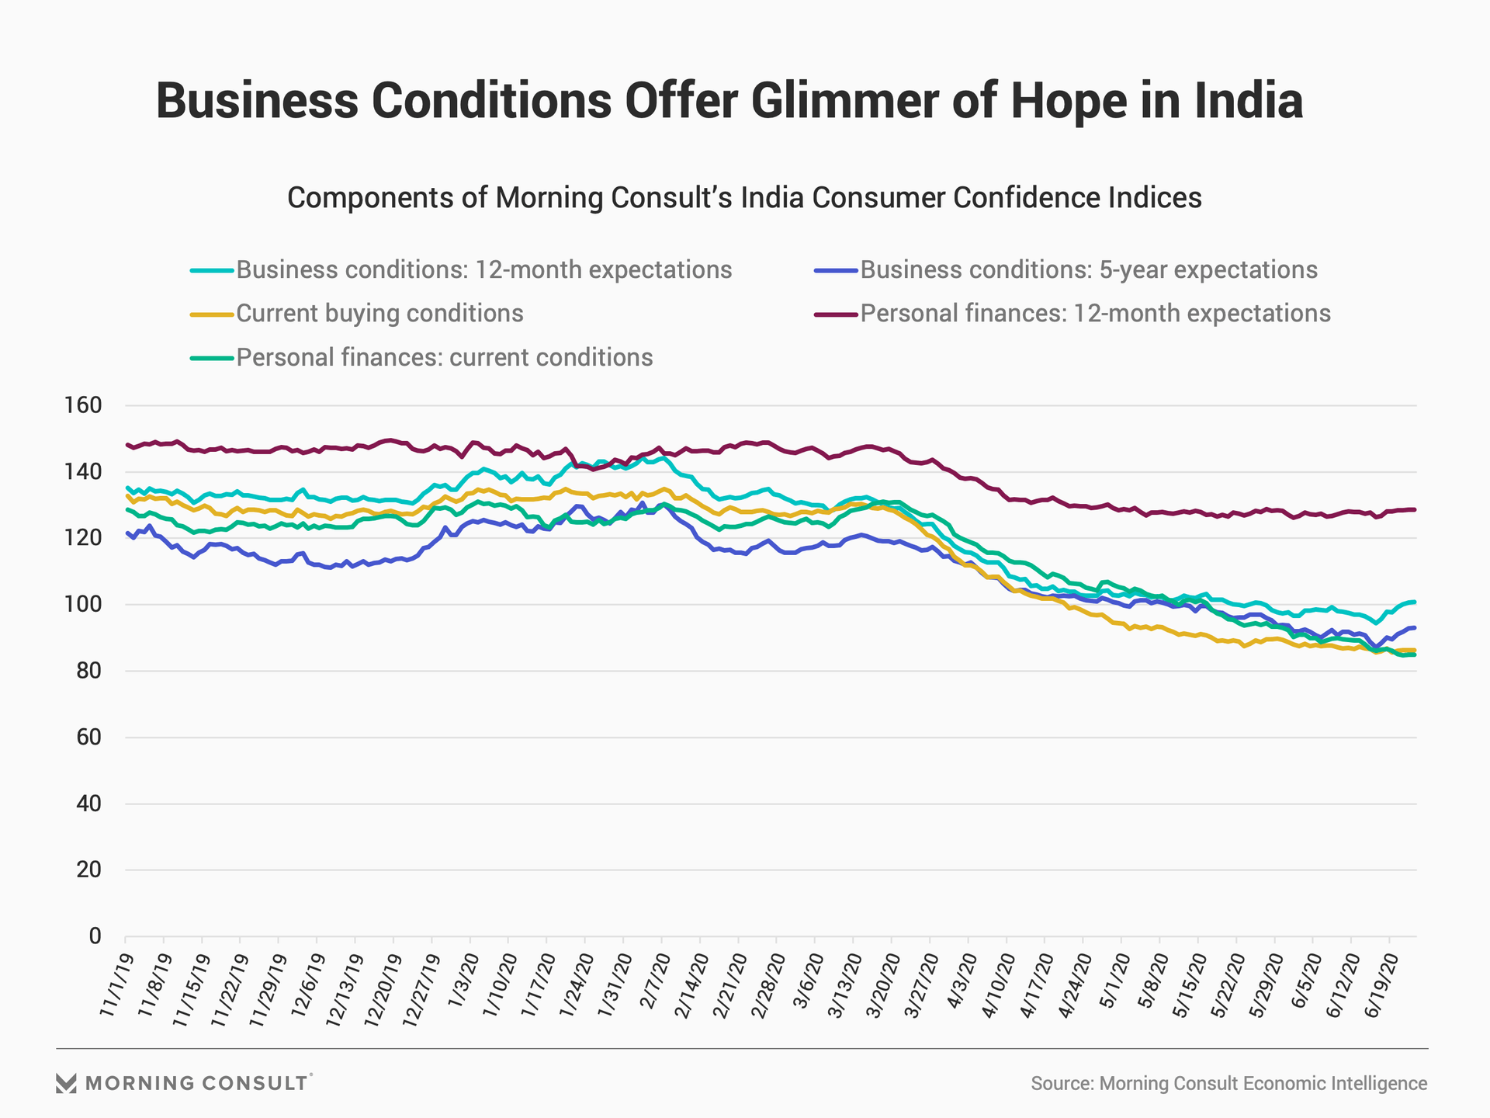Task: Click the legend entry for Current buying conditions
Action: click(379, 314)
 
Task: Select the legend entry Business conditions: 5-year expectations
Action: click(1088, 270)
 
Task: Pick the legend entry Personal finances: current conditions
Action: click(444, 358)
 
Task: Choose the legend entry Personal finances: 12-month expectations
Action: click(1095, 314)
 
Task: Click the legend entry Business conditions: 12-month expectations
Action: click(483, 270)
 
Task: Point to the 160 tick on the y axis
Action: click(85, 405)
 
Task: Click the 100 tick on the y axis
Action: click(85, 604)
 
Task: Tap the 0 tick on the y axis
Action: click(95, 936)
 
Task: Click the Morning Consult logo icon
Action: click(66, 1083)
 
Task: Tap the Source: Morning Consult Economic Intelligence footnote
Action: click(1228, 1084)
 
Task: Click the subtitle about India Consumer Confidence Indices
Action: click(744, 198)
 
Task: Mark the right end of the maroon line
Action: click(1415, 509)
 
